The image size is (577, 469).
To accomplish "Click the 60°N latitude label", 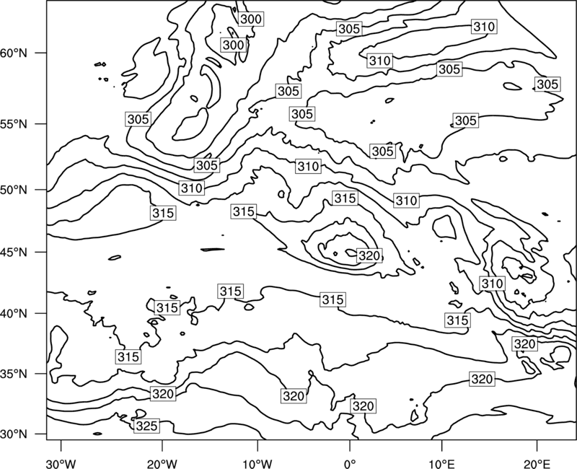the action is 14,53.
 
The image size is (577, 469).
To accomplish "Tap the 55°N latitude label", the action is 14,123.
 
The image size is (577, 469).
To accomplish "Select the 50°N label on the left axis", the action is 14,190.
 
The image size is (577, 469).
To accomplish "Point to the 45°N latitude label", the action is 14,252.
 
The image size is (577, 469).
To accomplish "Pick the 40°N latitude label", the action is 14,313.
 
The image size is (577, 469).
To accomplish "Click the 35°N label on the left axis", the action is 14,374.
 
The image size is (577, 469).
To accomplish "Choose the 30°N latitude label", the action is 14,434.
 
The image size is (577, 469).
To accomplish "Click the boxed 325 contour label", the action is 147,426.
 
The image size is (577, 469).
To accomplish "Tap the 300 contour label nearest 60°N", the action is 233,45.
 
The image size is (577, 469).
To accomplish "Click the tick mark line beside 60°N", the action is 41,53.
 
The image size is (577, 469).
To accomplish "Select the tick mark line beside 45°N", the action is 41,252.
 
